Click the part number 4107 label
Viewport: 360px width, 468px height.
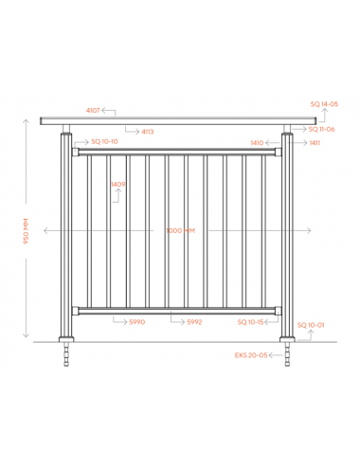click(93, 111)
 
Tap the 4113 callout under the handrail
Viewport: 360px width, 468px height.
click(148, 132)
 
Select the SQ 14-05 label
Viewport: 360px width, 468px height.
click(324, 104)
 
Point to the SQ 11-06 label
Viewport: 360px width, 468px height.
click(321, 129)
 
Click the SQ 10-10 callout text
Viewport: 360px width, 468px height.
click(104, 141)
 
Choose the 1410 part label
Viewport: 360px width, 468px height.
click(257, 143)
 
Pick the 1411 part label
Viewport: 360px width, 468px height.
click(315, 143)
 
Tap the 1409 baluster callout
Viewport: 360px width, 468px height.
click(118, 184)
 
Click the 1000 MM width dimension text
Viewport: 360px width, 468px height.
click(181, 230)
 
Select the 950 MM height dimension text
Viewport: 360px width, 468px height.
click(26, 231)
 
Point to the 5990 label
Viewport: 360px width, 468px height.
click(137, 322)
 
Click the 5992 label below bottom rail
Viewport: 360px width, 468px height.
click(194, 322)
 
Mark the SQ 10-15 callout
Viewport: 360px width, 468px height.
click(250, 322)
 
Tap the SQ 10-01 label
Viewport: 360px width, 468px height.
click(311, 325)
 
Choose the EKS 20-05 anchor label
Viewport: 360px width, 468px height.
click(251, 355)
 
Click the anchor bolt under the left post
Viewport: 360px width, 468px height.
click(66, 354)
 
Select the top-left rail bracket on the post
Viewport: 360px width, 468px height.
click(75, 152)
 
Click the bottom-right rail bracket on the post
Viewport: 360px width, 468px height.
click(278, 311)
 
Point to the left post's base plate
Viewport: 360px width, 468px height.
click(66, 340)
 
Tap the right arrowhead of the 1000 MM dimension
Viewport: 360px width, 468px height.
click(309, 230)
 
